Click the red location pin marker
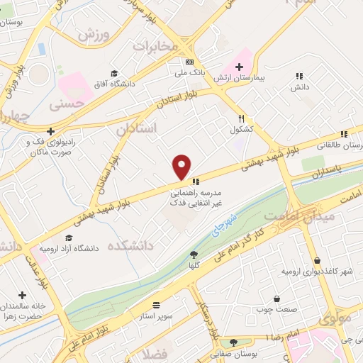(182, 167)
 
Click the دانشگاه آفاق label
(113, 85)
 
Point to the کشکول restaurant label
(241, 130)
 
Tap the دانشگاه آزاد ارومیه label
(69, 250)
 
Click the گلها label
(193, 264)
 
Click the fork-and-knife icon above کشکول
(241, 118)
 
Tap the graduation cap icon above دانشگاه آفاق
(114, 74)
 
